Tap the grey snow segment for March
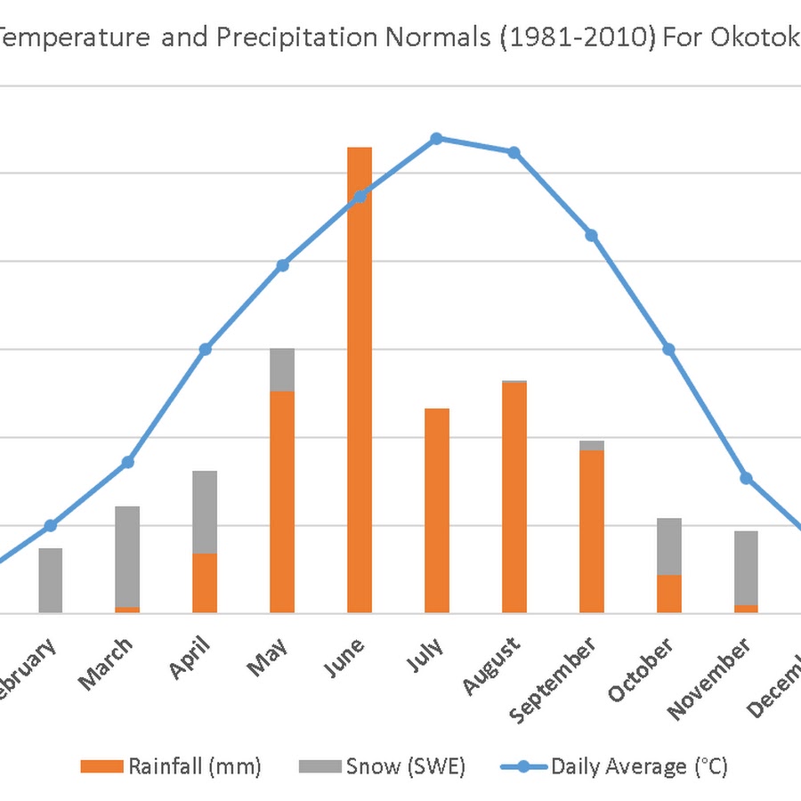pos(127,556)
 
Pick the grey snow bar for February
pos(51,580)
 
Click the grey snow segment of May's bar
pos(282,369)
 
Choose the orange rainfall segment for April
pos(205,583)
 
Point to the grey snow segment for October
pos(669,546)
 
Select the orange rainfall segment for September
pos(592,531)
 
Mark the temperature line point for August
pos(514,152)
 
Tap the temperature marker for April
pos(206,349)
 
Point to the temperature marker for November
pos(747,479)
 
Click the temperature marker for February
pos(51,525)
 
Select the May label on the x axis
pos(271,657)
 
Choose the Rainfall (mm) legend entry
pos(170,766)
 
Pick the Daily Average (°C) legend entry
pos(614,766)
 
